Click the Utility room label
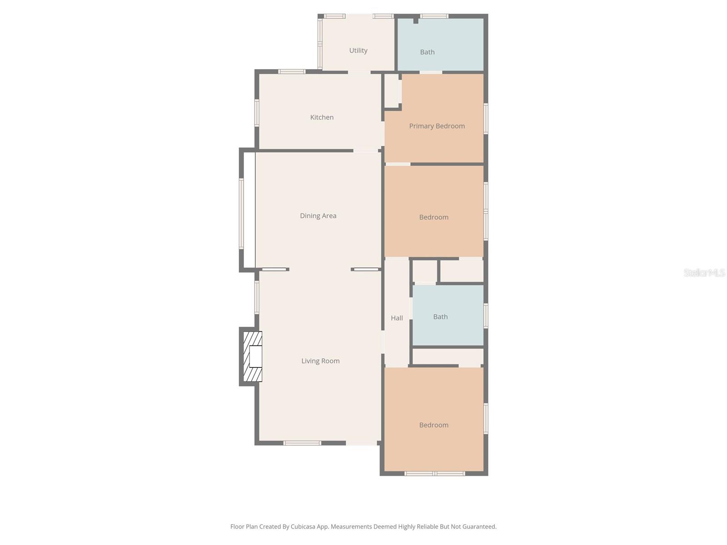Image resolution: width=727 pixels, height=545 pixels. point(358,50)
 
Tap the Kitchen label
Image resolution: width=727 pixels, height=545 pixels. point(322,117)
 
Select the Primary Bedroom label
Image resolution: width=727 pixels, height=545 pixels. point(437,126)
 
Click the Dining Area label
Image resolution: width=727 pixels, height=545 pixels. point(318,216)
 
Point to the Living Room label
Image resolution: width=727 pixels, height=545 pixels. point(320,361)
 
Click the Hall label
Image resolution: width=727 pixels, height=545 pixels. point(397,318)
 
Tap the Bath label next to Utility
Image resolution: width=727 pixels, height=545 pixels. point(427,52)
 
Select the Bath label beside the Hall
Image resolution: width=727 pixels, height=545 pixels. point(440,317)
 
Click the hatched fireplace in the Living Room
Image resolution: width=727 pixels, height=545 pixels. point(253,357)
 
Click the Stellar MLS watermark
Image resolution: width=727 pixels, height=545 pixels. point(704,272)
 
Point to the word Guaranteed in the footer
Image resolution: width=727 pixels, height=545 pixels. point(478,527)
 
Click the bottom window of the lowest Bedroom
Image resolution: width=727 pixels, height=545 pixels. point(434,474)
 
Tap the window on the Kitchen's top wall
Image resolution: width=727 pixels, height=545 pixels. point(292,71)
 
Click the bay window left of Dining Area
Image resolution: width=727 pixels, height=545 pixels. point(242,213)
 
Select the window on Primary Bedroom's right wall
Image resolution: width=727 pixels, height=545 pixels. point(486,119)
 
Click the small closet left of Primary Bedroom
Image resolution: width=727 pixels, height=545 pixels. point(392,91)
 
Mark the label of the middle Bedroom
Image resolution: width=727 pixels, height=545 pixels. point(433,217)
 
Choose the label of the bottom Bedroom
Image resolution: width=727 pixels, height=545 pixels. point(433,425)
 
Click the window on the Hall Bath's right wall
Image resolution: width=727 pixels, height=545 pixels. point(486,316)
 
